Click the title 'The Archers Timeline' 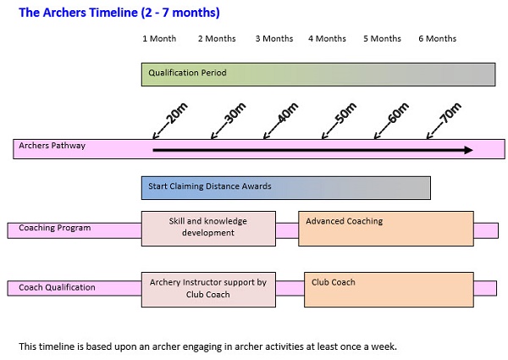[x=79, y=13]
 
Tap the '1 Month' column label [x=159, y=39]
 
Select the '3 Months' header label [x=274, y=39]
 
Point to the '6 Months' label [x=438, y=39]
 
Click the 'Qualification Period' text [x=187, y=73]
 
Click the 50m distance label [x=345, y=114]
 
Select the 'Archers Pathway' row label [x=52, y=146]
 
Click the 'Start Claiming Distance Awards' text [x=210, y=186]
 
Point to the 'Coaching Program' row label [x=55, y=228]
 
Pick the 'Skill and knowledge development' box [x=208, y=229]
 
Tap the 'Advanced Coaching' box [x=386, y=229]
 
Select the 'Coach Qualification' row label [x=57, y=287]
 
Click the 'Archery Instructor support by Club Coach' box [x=208, y=290]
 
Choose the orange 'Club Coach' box [x=389, y=290]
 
